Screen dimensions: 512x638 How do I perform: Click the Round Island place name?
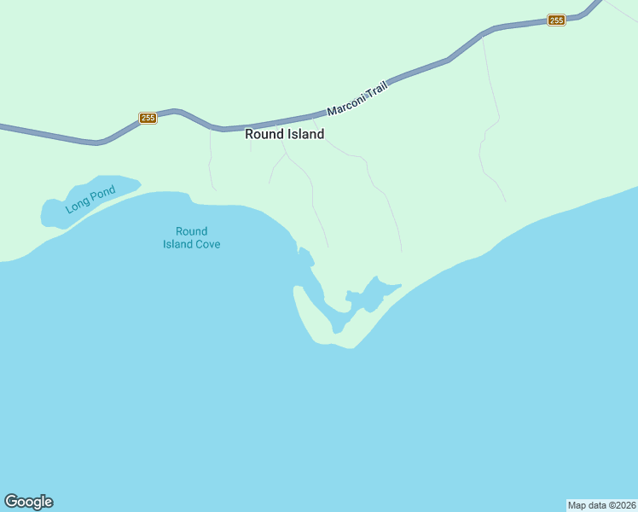pos(284,134)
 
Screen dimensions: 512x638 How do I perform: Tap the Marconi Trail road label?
pos(357,99)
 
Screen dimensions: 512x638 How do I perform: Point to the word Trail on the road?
pos(376,90)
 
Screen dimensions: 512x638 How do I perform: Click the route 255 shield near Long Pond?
pos(148,118)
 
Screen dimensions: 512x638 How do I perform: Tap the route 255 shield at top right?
pos(556,20)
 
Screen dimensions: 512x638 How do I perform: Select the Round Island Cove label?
pos(192,238)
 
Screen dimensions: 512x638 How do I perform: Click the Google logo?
pos(28,502)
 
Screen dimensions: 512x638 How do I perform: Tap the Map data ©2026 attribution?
pos(601,504)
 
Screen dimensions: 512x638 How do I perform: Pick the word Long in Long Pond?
pos(76,206)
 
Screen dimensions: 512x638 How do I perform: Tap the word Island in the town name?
pos(304,134)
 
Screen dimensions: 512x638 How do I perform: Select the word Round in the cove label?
pos(192,231)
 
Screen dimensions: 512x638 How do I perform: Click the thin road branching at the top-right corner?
pos(621,10)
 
